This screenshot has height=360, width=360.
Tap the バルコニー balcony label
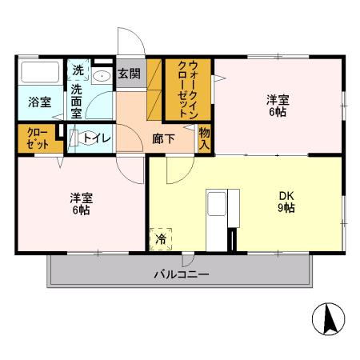tap(182, 275)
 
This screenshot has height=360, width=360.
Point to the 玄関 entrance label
tap(129, 74)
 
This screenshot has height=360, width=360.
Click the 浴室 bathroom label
tap(40, 102)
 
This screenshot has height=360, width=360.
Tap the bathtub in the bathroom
tap(40, 74)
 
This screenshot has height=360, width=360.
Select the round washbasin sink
tap(102, 76)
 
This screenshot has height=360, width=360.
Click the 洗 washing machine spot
tap(78, 70)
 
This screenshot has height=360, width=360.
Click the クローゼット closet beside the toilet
tap(38, 138)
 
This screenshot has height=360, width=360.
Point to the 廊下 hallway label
tap(163, 138)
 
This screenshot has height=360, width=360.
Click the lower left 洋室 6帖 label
tap(79, 204)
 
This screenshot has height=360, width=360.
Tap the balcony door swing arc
tap(188, 260)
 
